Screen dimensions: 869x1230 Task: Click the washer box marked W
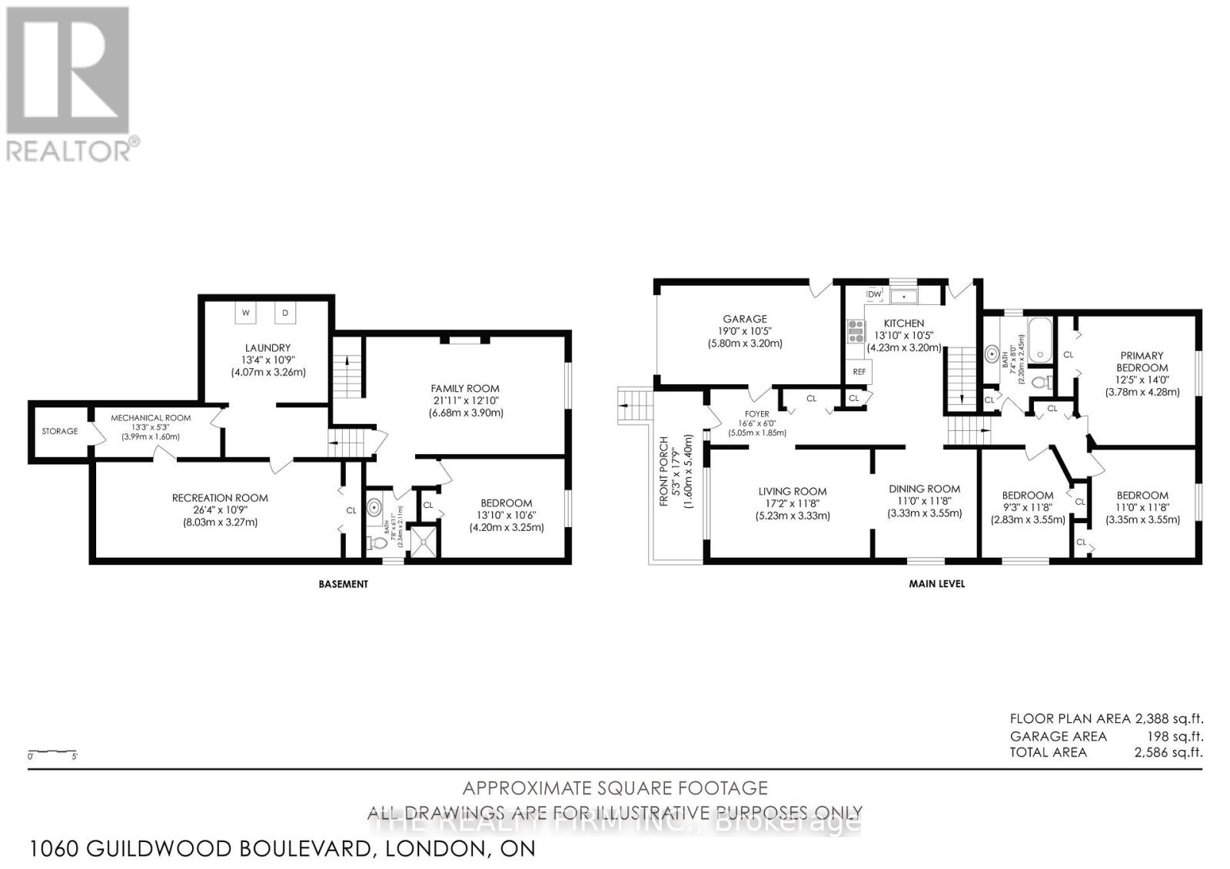pyautogui.click(x=246, y=313)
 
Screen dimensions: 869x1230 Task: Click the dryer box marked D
pyautogui.click(x=285, y=313)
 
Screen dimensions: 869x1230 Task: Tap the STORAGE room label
pyautogui.click(x=60, y=431)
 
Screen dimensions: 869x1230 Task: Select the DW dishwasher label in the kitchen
pyautogui.click(x=874, y=294)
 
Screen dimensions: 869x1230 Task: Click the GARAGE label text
pyautogui.click(x=744, y=319)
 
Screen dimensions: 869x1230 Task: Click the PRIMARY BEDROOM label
pyautogui.click(x=1142, y=361)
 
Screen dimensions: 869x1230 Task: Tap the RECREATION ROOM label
pyautogui.click(x=220, y=498)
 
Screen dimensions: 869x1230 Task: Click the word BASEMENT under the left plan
pyautogui.click(x=344, y=584)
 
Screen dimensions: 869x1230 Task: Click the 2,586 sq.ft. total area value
pyautogui.click(x=1168, y=752)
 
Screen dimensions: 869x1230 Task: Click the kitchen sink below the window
pyautogui.click(x=904, y=295)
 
